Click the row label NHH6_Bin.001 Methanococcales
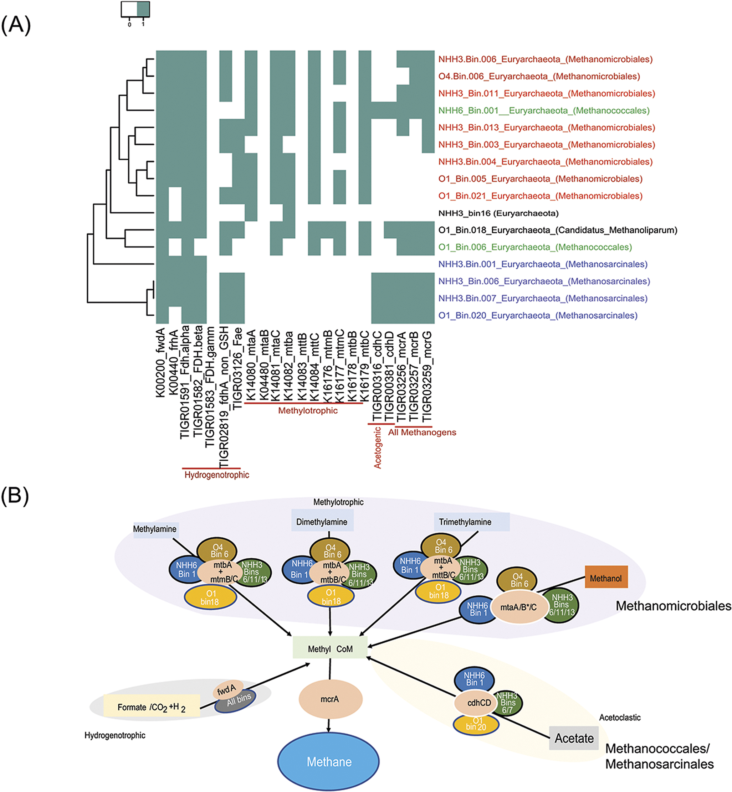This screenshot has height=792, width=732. [543, 110]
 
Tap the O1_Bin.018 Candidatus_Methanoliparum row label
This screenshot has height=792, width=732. [557, 230]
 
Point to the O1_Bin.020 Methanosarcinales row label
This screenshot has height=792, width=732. [538, 315]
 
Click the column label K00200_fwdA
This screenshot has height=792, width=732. [160, 363]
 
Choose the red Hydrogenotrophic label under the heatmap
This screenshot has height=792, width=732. [217, 475]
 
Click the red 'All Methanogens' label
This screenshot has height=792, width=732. [422, 432]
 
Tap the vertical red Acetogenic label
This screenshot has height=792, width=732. [378, 447]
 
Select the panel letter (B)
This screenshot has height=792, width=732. [15, 495]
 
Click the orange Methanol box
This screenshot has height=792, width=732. [606, 579]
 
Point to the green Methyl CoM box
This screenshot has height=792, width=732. [330, 649]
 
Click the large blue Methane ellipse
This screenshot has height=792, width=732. [328, 761]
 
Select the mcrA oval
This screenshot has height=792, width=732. [330, 699]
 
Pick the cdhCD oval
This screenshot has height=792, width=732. [479, 703]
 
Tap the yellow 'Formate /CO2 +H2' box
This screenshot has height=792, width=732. [151, 707]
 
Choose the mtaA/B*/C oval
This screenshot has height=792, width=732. [518, 607]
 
